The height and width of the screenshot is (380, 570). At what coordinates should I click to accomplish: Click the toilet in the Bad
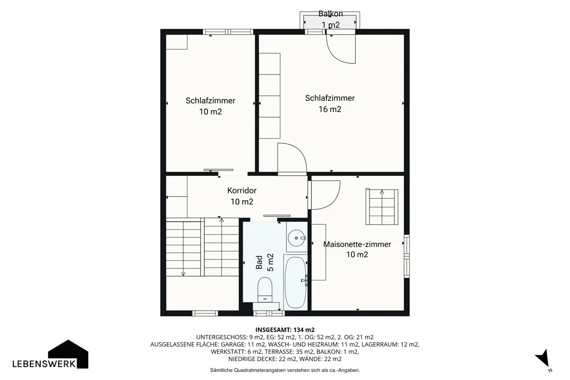(265, 290)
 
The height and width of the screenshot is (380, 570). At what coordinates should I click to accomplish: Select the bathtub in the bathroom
(295, 283)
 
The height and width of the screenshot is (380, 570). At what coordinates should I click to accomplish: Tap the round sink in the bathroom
(296, 238)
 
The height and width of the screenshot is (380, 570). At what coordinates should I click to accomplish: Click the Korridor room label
(242, 190)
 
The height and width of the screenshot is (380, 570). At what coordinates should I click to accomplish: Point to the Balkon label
(331, 14)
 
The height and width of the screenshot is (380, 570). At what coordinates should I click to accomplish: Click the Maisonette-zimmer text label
(357, 244)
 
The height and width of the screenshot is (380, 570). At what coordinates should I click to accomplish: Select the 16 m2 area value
(330, 109)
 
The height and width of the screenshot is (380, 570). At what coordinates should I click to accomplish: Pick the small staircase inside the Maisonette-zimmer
(382, 207)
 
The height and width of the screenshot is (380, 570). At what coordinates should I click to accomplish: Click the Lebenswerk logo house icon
(68, 354)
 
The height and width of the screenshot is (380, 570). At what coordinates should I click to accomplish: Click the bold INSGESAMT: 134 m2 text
(285, 330)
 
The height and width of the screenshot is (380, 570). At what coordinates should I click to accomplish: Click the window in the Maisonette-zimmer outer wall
(407, 256)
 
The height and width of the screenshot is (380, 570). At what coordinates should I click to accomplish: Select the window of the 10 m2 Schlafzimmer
(228, 32)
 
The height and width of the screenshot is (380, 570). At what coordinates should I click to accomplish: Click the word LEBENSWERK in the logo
(44, 364)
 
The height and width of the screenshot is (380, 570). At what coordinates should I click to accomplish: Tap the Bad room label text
(259, 262)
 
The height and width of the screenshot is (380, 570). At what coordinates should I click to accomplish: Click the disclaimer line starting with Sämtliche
(285, 370)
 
